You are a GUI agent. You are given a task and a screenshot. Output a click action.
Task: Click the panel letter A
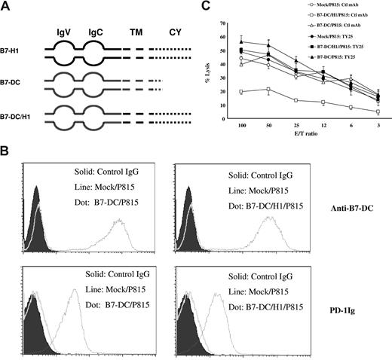[x=8, y=8]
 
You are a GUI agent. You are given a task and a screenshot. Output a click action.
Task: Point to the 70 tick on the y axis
[x=222, y=14]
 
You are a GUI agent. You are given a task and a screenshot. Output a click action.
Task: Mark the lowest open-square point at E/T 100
[x=241, y=92]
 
